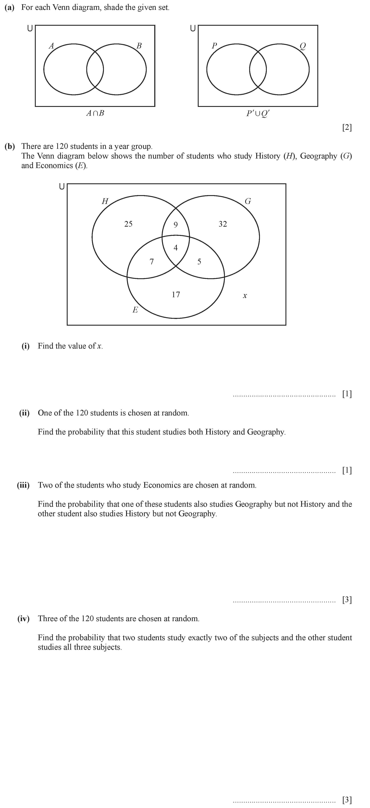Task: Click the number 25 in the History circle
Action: coord(128,224)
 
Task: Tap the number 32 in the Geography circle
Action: coord(223,224)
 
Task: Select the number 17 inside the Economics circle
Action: coord(176,294)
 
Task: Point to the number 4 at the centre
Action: coord(176,248)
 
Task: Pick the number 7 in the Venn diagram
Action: coord(152,262)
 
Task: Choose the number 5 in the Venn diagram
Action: coord(199,262)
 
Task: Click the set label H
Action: coord(105,201)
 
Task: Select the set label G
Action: coord(248,201)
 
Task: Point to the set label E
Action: coord(135,310)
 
